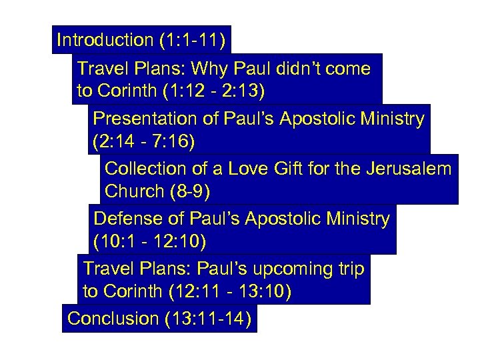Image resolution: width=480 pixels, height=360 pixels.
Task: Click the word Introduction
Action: coord(105,40)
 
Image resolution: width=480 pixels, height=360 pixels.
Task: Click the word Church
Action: coord(134,192)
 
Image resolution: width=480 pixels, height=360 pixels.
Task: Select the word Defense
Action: coord(130,219)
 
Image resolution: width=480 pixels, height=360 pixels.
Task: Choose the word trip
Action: coord(349,269)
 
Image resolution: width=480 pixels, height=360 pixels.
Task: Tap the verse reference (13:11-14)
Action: coord(207,319)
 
